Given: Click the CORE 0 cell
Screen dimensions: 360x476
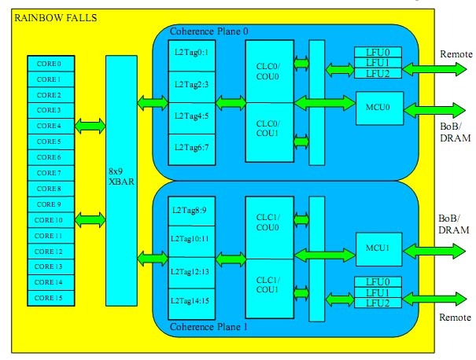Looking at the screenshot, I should [x=50, y=63].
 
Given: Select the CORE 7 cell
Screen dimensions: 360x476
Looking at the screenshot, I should [x=50, y=173].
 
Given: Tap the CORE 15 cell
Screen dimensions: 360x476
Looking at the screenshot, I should [x=50, y=298].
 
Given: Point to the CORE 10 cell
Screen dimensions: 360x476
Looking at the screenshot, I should [x=50, y=220].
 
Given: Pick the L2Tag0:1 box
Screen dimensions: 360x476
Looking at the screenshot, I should [x=191, y=53].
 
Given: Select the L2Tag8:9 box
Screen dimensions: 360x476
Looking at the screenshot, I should [x=191, y=210].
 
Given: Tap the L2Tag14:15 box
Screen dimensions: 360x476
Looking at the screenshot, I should [x=191, y=300].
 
